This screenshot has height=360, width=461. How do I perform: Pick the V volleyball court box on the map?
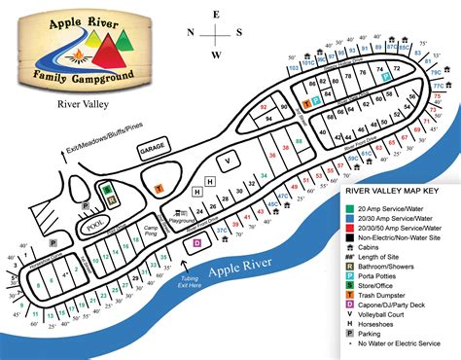228,160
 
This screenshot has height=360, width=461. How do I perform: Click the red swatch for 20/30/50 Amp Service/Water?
349,221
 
